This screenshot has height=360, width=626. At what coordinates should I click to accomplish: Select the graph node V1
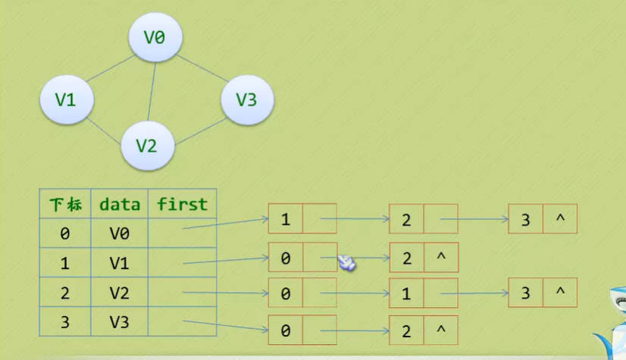click(x=66, y=99)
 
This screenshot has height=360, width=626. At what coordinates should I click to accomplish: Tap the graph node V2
click(x=146, y=144)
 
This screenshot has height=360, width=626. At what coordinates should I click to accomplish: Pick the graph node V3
click(x=246, y=99)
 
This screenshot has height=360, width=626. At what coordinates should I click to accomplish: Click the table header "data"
click(x=119, y=204)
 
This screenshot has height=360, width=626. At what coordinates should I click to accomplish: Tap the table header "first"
click(x=182, y=204)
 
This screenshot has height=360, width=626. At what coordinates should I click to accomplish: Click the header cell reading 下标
click(x=64, y=204)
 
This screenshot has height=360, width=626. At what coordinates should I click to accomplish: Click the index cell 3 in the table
click(x=64, y=321)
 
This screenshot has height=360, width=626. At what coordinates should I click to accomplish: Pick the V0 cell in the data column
click(x=119, y=233)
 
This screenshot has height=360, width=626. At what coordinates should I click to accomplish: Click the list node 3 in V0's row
click(x=526, y=221)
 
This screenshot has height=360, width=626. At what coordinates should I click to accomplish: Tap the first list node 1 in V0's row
click(x=285, y=221)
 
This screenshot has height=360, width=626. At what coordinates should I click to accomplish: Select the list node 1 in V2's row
click(x=406, y=293)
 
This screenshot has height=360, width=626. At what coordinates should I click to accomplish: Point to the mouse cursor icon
click(x=346, y=263)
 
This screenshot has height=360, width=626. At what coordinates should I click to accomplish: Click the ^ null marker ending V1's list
click(x=441, y=258)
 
